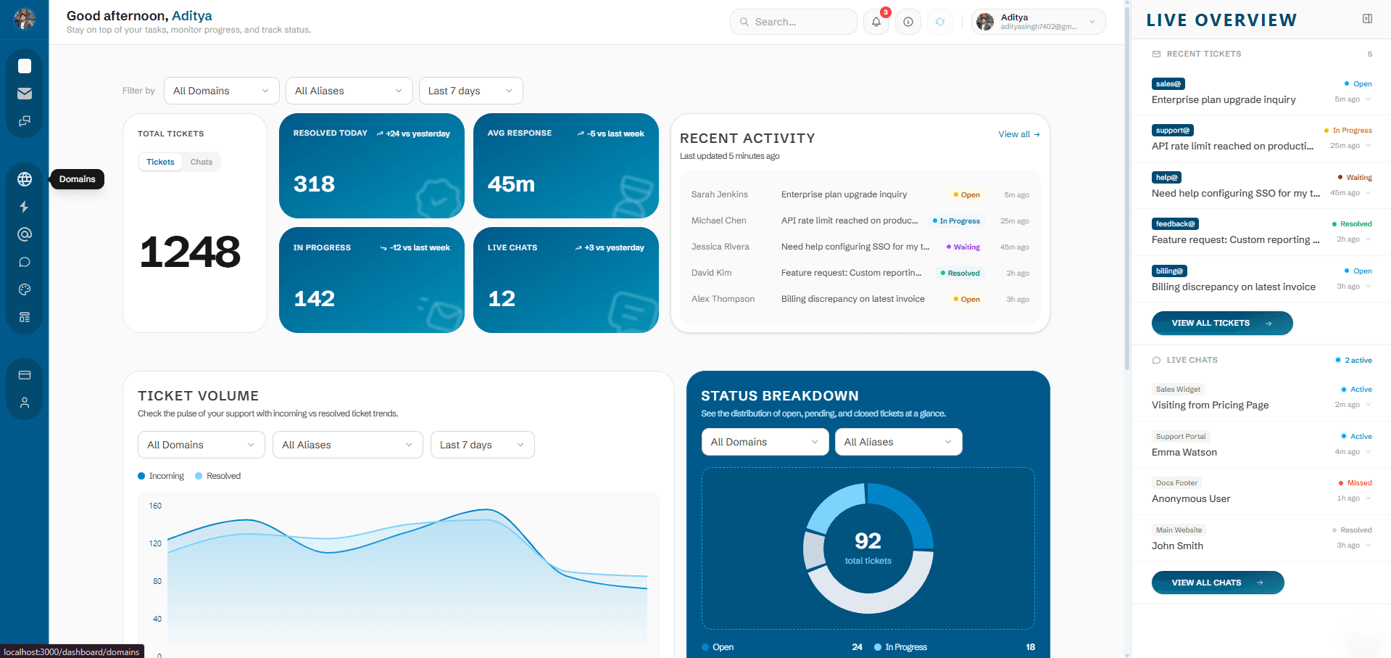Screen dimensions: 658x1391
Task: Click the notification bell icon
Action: [x=876, y=22]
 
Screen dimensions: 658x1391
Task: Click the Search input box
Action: [x=794, y=22]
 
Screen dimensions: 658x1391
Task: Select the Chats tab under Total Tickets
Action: [x=201, y=162]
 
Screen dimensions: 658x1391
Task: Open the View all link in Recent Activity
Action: [x=1018, y=134]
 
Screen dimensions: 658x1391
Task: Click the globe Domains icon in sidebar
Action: [x=25, y=179]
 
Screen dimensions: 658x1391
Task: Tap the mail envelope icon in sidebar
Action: [x=25, y=94]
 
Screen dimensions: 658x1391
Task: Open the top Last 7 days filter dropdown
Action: [x=470, y=91]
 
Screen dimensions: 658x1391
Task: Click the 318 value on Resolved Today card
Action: [x=314, y=184]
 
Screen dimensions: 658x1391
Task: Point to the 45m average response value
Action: [x=511, y=184]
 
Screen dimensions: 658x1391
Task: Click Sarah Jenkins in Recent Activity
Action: [x=719, y=194]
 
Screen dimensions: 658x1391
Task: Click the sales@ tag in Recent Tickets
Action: [x=1168, y=84]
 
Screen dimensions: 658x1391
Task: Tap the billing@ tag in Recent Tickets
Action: [x=1168, y=271]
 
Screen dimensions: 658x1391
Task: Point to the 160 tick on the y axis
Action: [x=155, y=506]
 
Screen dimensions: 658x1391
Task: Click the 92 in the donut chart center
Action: [x=868, y=541]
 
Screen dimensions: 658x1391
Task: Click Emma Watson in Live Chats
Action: [x=1184, y=452]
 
